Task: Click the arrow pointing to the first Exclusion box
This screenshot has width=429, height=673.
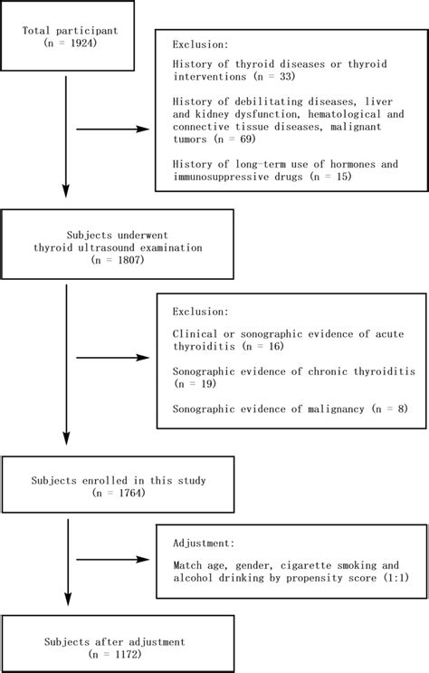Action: [114, 129]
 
